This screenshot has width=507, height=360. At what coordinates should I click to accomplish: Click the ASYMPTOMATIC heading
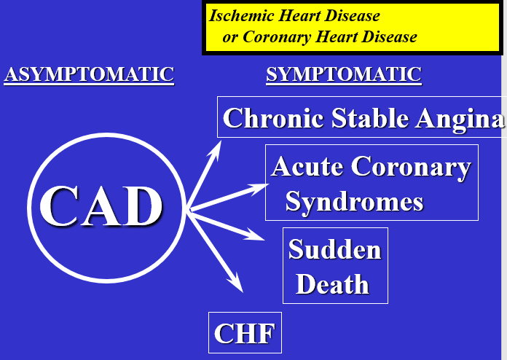tap(89, 74)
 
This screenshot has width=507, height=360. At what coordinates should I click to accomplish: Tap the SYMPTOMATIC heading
tap(344, 74)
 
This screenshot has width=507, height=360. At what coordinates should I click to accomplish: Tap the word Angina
tap(459, 118)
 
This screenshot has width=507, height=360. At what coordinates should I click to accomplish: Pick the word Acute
tap(306, 167)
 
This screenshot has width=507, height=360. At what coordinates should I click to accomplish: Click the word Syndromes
tap(354, 200)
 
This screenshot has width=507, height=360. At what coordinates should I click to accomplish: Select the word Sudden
tap(335, 250)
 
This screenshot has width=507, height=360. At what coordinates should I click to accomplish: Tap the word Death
tap(332, 284)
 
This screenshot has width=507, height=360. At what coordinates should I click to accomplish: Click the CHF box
tap(244, 334)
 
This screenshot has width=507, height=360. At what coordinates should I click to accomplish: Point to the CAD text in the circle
tap(101, 206)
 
